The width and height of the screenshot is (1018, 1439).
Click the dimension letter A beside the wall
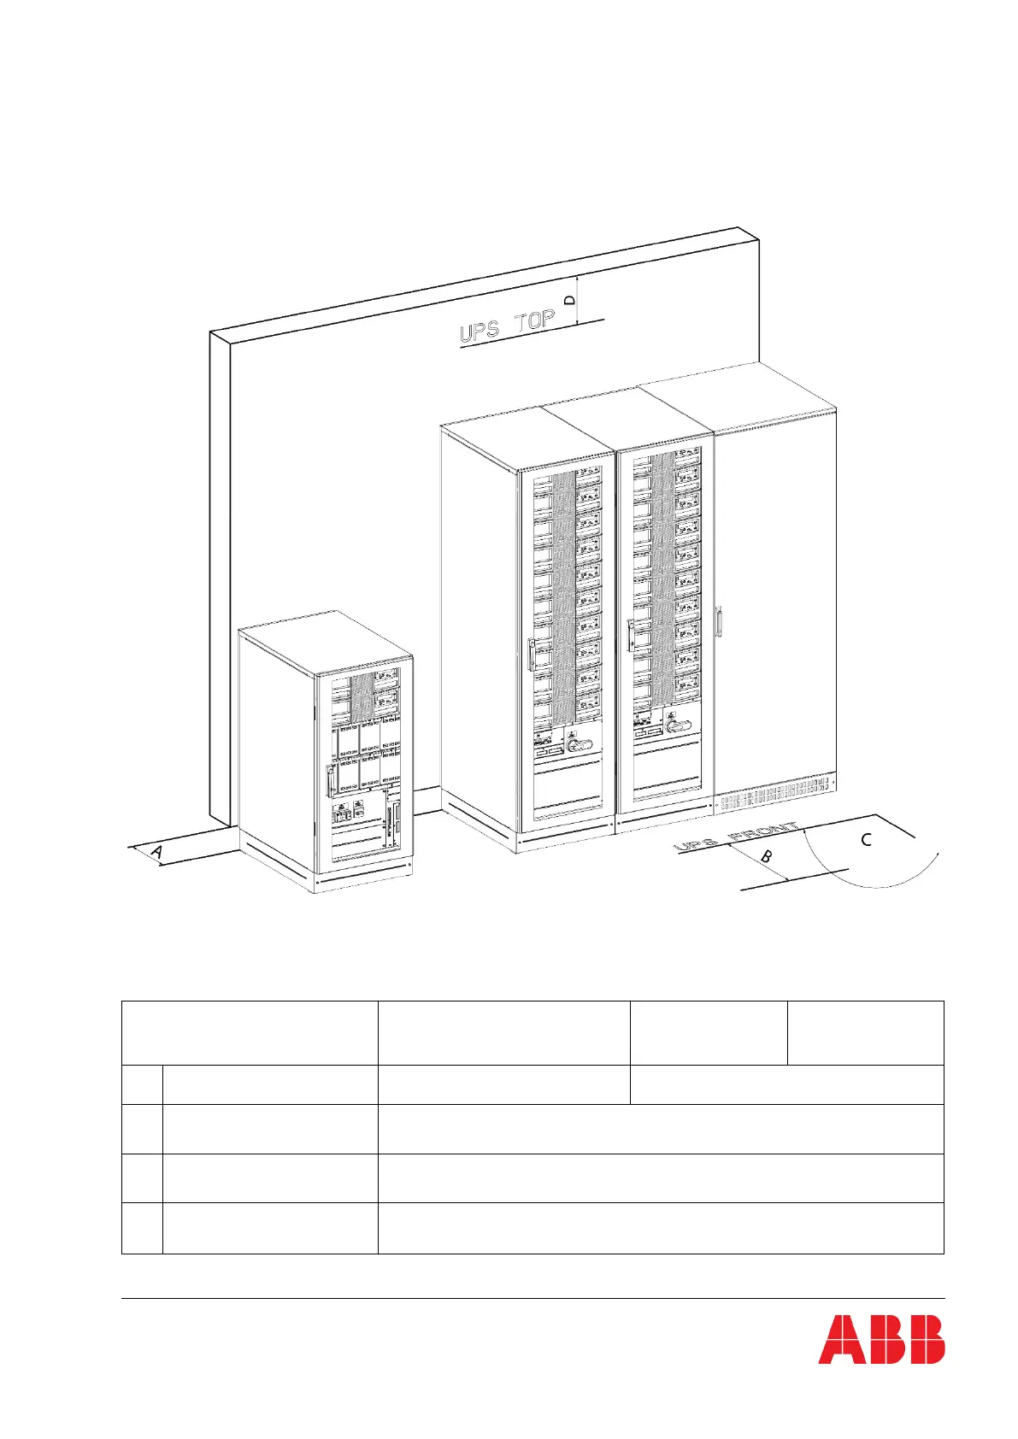[x=157, y=852]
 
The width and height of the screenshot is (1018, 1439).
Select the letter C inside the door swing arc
[x=866, y=840]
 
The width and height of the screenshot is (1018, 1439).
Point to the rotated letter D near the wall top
[x=571, y=300]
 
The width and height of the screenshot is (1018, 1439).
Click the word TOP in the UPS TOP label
[x=535, y=324]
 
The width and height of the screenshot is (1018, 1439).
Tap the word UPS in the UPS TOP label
[x=481, y=332]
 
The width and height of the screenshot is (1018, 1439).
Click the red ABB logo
[x=881, y=1362]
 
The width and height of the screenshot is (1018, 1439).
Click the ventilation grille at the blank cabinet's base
[x=774, y=796]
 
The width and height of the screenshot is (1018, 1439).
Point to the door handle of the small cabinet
[x=330, y=780]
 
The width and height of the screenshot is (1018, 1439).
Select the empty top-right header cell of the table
[x=865, y=1032]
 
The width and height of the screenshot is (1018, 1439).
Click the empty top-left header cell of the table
[x=249, y=1032]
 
